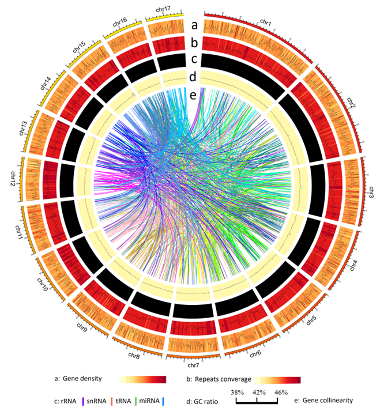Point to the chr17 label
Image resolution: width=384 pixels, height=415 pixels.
162,9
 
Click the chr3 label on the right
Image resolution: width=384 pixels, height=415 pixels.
371,193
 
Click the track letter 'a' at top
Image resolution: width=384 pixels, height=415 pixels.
194,25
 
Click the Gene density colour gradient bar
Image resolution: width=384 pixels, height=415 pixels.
142,379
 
